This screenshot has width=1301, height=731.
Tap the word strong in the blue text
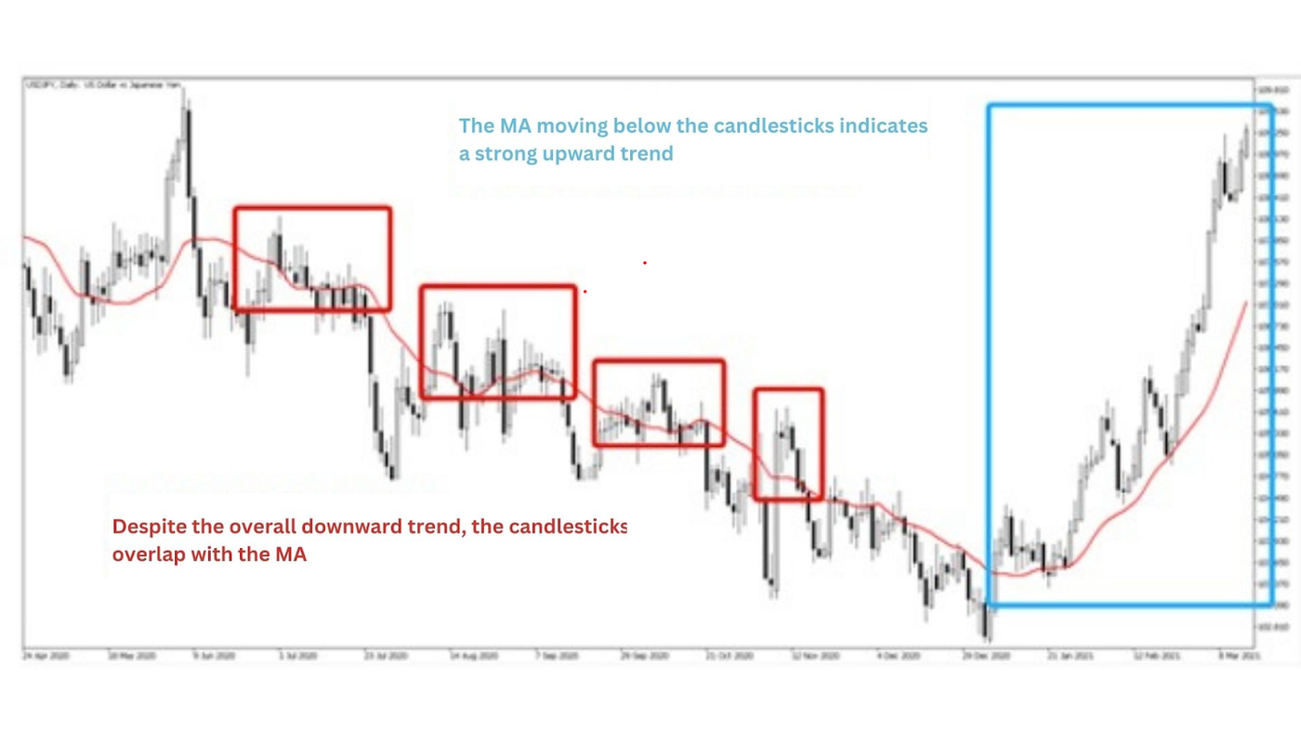507,153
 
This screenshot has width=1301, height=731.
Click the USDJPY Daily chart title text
102,85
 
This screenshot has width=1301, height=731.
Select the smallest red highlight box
788,444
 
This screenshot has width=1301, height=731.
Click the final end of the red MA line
1245,302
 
